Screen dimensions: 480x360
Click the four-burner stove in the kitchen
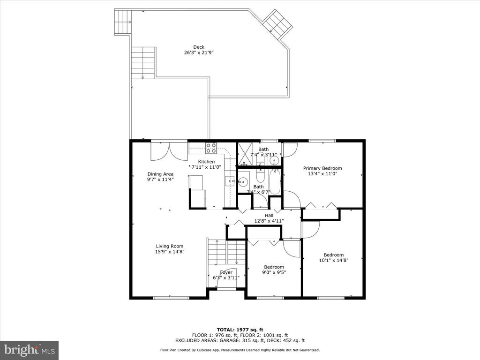click(x=211, y=148)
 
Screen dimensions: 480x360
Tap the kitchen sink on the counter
click(x=230, y=181)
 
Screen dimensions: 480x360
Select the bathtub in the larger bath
click(x=275, y=182)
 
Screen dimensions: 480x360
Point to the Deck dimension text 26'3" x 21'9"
click(x=199, y=52)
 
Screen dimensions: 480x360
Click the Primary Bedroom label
click(x=322, y=168)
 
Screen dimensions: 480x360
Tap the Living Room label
click(x=170, y=246)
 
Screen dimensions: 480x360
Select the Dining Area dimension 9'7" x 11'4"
click(x=160, y=180)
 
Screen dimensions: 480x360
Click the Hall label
click(x=269, y=216)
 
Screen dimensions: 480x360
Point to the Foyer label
click(x=226, y=272)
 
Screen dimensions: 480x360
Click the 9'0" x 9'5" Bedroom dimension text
click(x=274, y=272)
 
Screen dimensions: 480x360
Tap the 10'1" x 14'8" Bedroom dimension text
click(x=334, y=260)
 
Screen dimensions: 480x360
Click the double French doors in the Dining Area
click(x=169, y=150)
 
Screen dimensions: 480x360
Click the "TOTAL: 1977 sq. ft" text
click(x=240, y=330)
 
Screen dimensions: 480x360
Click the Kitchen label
click(x=206, y=162)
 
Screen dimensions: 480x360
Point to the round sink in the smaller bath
click(x=275, y=160)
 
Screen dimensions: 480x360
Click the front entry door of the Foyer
click(x=226, y=287)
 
